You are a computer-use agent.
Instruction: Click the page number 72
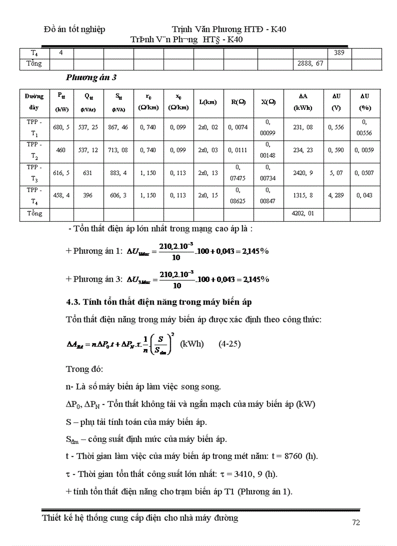[x=356, y=523]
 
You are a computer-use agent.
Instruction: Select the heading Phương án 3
[x=91, y=78]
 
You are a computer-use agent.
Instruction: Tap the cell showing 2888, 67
[x=310, y=63]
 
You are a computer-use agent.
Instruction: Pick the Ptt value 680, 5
[x=61, y=127]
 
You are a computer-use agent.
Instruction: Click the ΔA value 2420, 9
[x=303, y=173]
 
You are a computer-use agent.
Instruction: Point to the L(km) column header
[x=208, y=102]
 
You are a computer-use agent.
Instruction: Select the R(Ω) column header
[x=238, y=102]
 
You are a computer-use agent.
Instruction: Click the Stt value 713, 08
[x=118, y=150]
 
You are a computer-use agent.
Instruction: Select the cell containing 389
[x=339, y=53]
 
